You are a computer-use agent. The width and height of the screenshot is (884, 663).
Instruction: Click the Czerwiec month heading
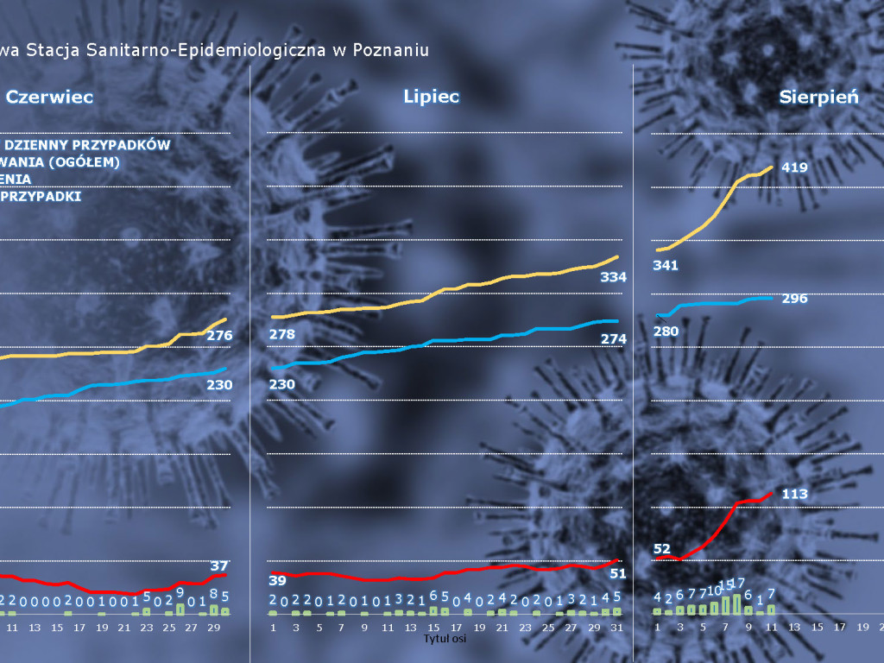50,98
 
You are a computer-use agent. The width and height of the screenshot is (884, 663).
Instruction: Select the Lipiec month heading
431,97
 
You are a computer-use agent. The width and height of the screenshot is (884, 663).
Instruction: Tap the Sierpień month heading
818,98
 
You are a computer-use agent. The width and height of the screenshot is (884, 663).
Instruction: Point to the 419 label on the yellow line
793,167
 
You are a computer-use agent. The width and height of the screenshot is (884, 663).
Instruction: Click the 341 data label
666,265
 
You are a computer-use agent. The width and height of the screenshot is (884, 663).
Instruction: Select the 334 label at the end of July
613,277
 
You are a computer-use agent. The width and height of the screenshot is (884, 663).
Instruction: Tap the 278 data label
282,334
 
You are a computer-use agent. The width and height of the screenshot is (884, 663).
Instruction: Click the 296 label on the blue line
793,299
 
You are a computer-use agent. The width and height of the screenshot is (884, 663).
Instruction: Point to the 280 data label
666,331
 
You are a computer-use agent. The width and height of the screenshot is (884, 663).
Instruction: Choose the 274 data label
613,339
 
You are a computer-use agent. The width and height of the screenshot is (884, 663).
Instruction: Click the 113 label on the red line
793,494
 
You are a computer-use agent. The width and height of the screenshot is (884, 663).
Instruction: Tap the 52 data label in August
662,549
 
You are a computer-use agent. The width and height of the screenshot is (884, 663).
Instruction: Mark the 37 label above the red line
219,566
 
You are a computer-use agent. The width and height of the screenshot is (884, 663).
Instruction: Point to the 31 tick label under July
616,627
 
